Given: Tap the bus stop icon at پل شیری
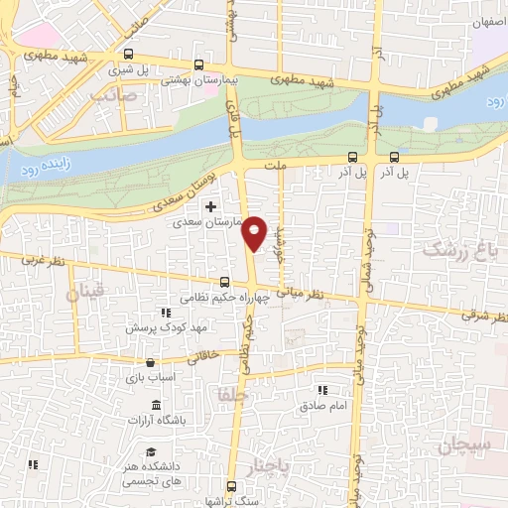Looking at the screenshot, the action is [129, 55].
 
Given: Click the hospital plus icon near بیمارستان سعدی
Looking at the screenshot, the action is [209, 206].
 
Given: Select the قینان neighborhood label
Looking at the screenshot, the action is [85, 294].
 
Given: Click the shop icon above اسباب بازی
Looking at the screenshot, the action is [150, 362].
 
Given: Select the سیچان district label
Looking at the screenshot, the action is [461, 446].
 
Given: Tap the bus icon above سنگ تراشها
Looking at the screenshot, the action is [232, 486].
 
